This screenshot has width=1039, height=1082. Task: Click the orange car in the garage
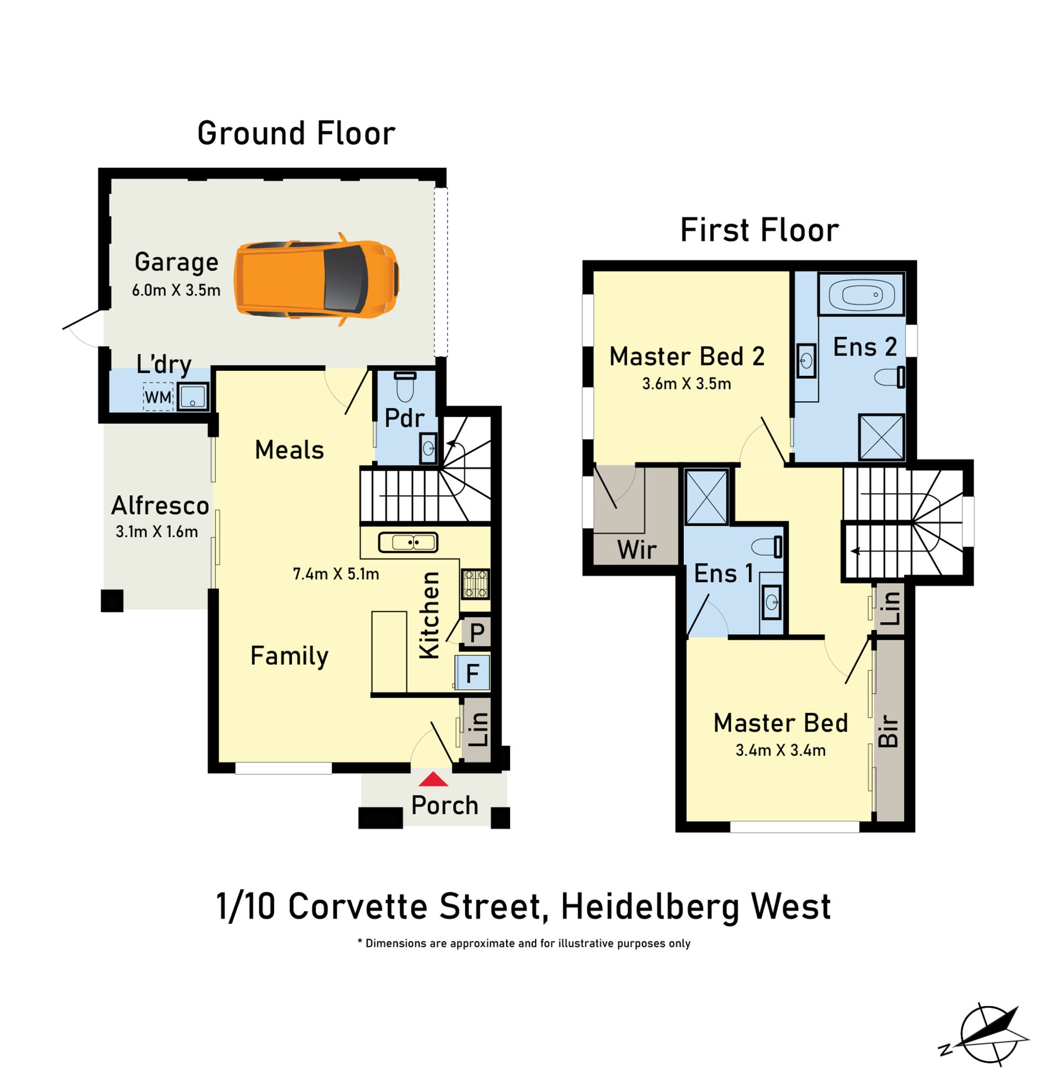click(317, 279)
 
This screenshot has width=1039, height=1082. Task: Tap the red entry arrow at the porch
click(433, 779)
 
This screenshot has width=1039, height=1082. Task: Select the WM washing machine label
click(158, 397)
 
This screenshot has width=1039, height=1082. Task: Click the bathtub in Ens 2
click(861, 294)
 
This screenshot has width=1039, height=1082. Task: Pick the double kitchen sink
click(408, 542)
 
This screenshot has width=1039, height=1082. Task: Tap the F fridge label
click(472, 673)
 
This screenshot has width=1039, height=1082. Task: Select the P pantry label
click(477, 633)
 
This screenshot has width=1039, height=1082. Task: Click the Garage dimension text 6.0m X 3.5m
click(176, 290)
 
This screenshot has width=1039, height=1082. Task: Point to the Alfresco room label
click(160, 505)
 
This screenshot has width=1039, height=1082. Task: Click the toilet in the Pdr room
click(405, 387)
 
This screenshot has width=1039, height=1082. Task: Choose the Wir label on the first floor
click(637, 549)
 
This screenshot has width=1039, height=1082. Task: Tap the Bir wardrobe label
click(888, 730)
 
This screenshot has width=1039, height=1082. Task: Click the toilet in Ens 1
click(767, 547)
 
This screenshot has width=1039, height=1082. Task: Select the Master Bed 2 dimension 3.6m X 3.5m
click(687, 384)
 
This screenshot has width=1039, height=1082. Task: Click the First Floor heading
click(759, 230)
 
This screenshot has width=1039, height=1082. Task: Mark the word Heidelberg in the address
click(650, 908)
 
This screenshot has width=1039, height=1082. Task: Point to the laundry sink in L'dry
click(193, 396)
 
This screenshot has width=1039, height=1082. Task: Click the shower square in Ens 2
click(881, 437)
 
